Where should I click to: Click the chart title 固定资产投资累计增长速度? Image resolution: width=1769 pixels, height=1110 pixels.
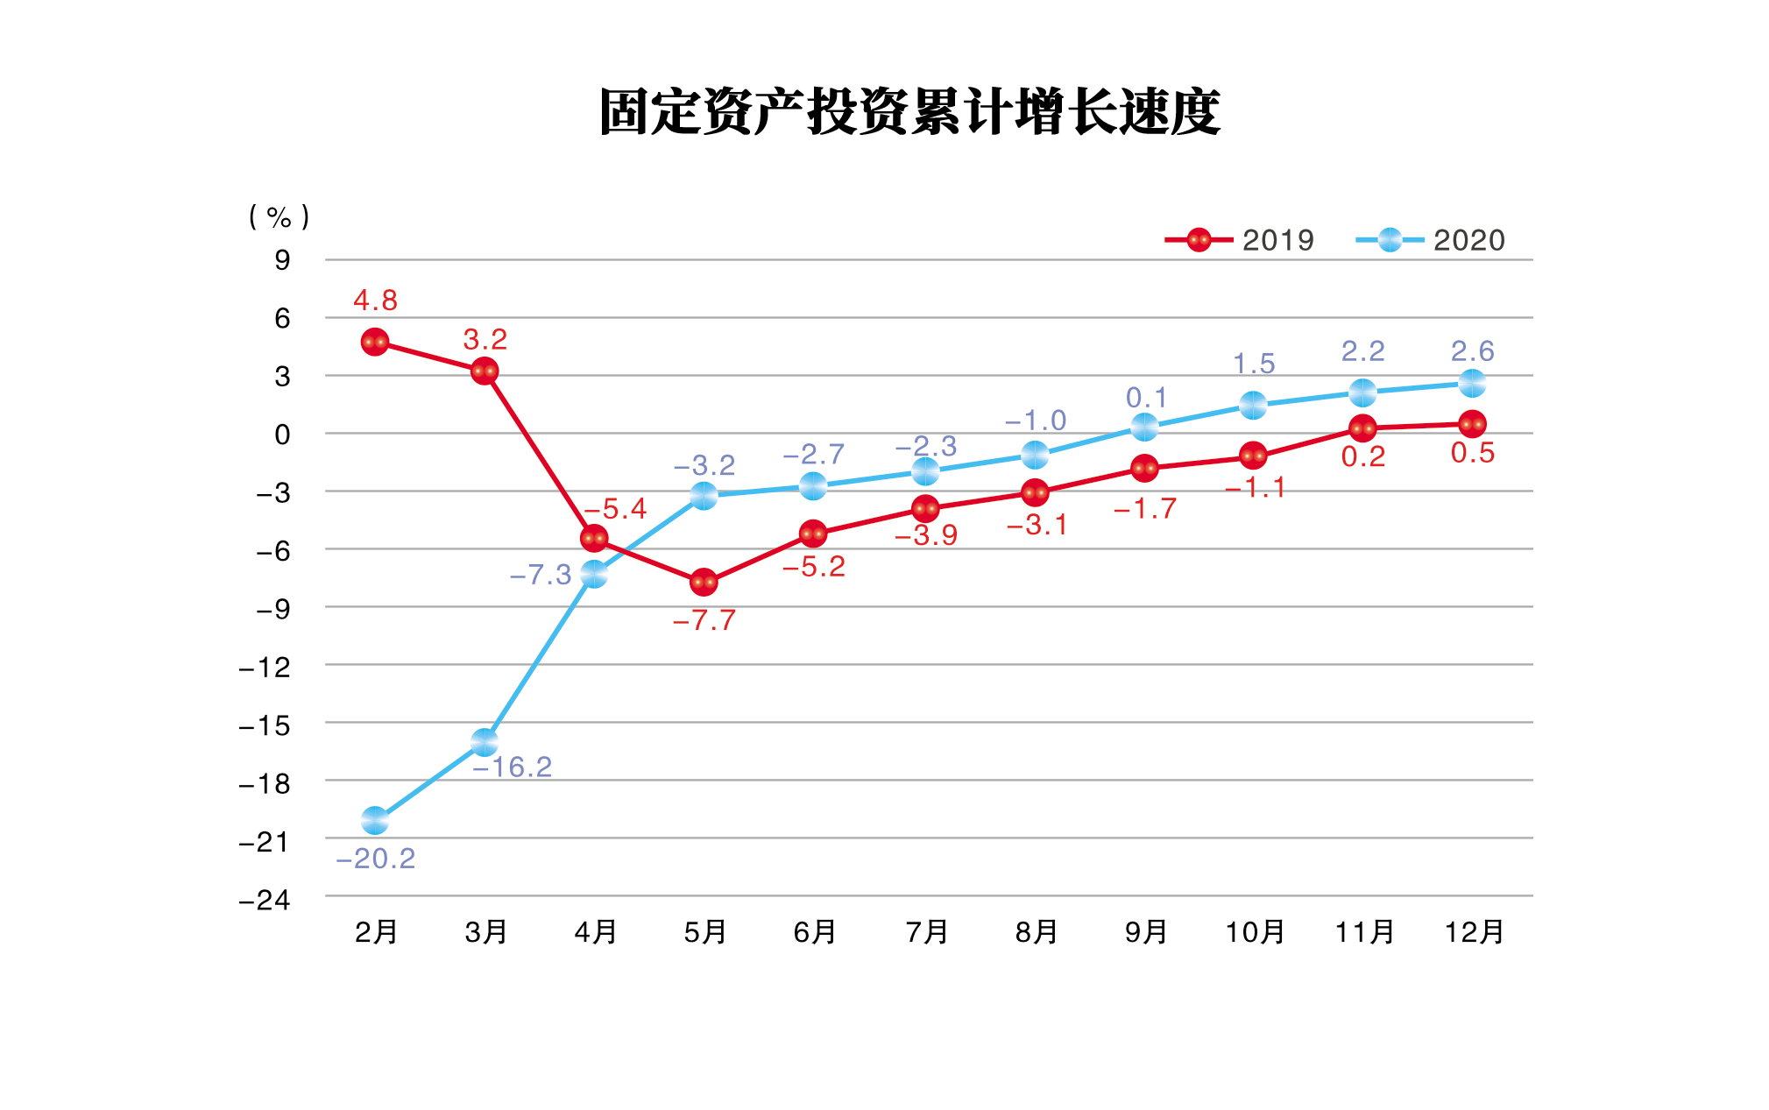click(909, 112)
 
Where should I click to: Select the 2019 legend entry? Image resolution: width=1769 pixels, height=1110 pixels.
click(1239, 240)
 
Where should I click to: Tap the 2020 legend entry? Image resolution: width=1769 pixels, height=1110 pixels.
click(1430, 240)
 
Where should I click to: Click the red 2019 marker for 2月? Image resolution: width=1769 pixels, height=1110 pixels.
click(375, 342)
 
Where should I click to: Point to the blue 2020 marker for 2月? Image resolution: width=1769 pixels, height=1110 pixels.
click(375, 821)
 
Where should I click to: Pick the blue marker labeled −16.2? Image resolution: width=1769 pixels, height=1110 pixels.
click(485, 742)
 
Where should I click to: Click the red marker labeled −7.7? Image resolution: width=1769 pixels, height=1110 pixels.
click(704, 582)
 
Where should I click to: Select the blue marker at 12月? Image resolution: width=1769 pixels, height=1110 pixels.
click(1472, 383)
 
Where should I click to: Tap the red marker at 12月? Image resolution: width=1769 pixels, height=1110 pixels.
click(1472, 424)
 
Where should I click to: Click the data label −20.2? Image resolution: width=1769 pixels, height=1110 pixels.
click(376, 859)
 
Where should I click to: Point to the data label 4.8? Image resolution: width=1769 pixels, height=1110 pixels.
click(375, 300)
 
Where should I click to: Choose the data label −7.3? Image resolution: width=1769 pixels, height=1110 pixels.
click(541, 575)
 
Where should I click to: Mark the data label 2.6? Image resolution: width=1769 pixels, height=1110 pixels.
click(1472, 351)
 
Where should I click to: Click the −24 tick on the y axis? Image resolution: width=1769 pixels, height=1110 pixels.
click(265, 900)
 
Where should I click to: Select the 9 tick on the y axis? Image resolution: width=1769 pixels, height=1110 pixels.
click(282, 260)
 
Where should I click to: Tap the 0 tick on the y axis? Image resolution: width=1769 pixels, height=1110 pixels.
click(282, 434)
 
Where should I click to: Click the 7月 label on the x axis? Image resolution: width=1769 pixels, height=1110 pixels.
click(927, 932)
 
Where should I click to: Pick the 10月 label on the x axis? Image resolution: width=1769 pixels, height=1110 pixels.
click(1255, 932)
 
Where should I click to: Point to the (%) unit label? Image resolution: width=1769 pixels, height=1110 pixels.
click(280, 216)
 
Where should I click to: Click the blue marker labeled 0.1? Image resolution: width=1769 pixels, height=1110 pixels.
click(1144, 427)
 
